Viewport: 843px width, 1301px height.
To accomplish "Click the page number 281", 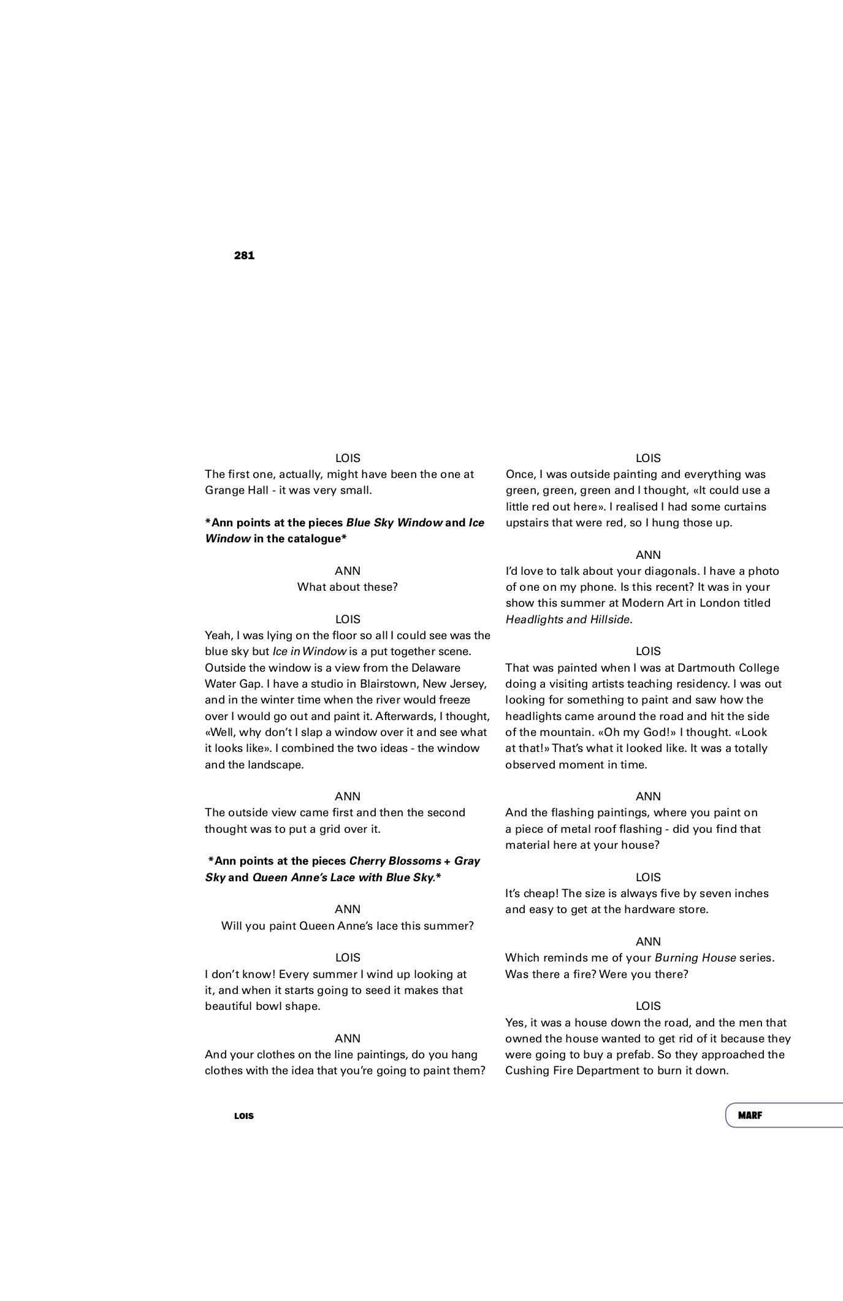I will (244, 256).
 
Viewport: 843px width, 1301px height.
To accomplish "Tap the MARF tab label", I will (750, 1115).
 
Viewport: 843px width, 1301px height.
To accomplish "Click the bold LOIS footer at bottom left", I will (244, 1116).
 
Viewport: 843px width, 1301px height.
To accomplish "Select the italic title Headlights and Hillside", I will (568, 619).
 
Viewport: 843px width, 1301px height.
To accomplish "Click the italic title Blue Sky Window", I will (394, 523).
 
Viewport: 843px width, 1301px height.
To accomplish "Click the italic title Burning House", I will (695, 957).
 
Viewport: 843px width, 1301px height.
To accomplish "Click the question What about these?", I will (348, 586).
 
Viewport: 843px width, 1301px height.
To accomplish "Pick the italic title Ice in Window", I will (310, 651).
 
